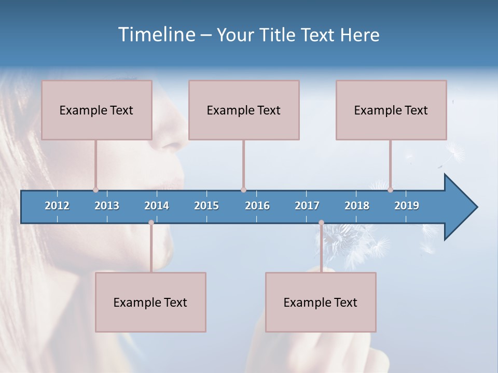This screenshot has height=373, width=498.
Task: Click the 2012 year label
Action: click(x=57, y=206)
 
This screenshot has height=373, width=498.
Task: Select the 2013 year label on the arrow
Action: click(x=107, y=206)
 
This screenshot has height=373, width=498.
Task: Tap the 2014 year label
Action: click(x=157, y=206)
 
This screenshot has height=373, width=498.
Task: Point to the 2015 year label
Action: click(x=206, y=206)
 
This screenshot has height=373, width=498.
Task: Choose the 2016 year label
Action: click(x=257, y=206)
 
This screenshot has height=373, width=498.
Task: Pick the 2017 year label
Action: click(x=307, y=206)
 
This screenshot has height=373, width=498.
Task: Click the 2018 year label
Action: click(x=357, y=206)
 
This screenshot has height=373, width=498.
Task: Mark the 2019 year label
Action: click(x=407, y=206)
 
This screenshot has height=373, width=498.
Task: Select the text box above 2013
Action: click(x=96, y=110)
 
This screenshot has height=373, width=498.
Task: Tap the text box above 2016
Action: click(x=244, y=110)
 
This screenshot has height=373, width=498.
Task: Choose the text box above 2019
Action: click(x=391, y=110)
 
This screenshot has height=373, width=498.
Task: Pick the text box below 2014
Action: click(x=150, y=302)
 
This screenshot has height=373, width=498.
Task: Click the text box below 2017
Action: click(x=321, y=302)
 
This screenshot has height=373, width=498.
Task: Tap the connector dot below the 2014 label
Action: click(x=151, y=223)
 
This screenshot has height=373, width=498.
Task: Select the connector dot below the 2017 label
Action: click(x=321, y=223)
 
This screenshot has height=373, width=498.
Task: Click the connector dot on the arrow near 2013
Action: click(x=95, y=190)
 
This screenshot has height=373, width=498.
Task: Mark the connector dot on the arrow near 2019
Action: click(x=390, y=190)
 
